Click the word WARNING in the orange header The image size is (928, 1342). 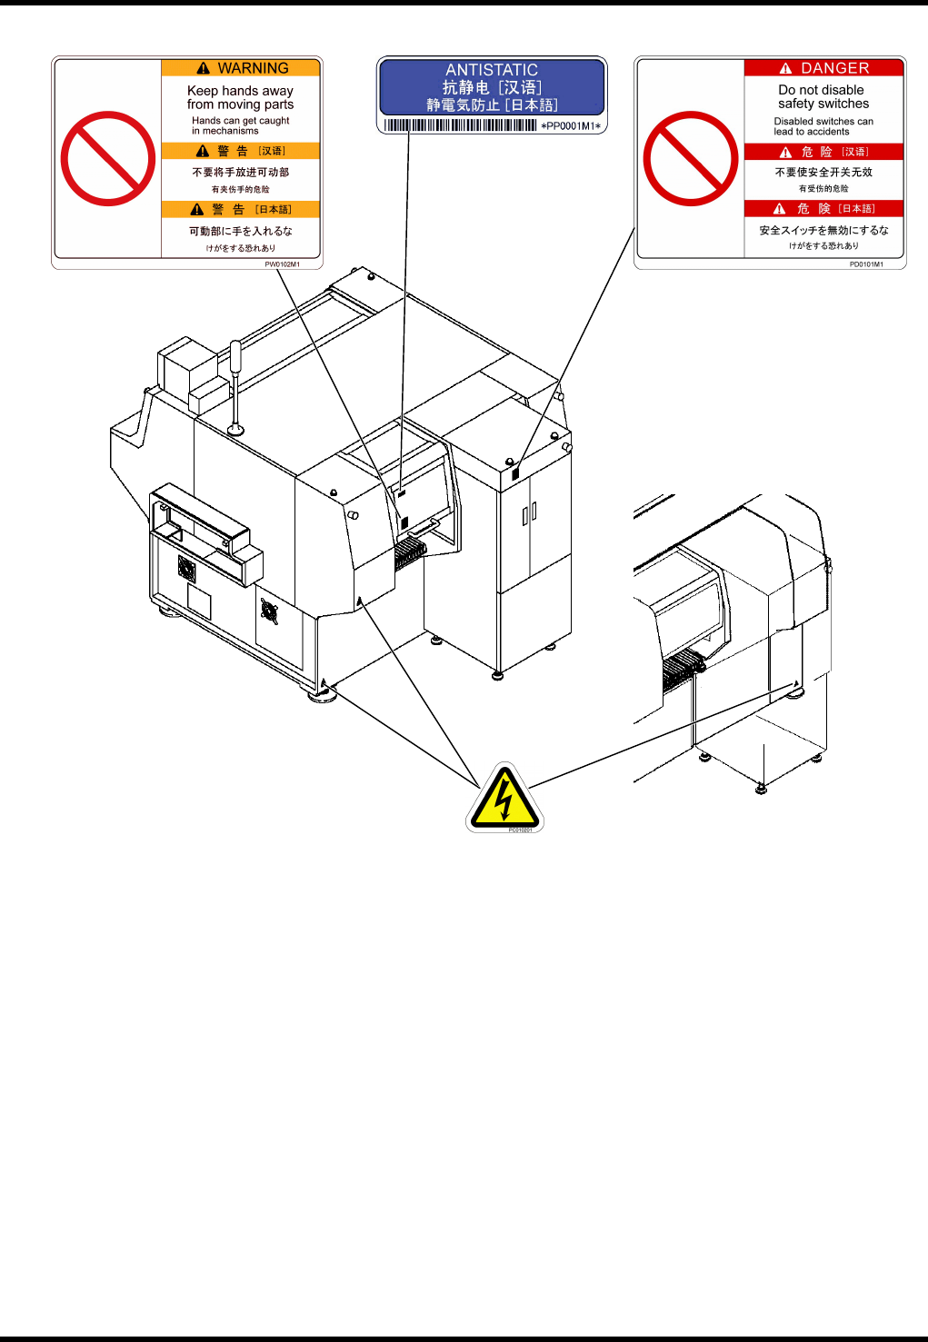click(253, 68)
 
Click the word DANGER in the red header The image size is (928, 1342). click(834, 68)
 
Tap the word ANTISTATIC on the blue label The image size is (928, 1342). click(491, 70)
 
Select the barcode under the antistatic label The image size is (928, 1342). click(460, 125)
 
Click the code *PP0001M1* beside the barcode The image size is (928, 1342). click(571, 126)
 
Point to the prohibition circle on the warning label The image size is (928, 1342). click(108, 159)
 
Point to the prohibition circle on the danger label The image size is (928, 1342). click(691, 159)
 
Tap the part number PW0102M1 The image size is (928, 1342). click(282, 264)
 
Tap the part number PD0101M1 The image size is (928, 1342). click(866, 264)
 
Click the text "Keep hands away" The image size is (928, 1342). click(240, 91)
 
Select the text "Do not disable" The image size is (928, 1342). click(821, 90)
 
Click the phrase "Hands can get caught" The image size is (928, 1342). click(240, 120)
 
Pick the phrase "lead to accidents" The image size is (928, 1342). click(811, 132)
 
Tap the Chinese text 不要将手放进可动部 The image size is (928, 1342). click(240, 172)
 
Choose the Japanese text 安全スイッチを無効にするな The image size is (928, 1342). click(823, 231)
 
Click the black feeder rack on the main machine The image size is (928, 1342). click(409, 552)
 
